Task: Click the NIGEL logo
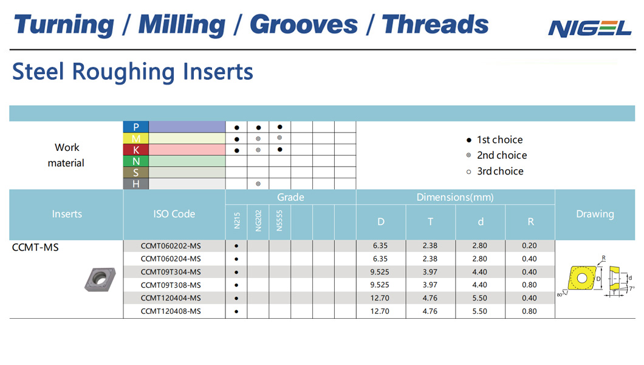pyautogui.click(x=589, y=29)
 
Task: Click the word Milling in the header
pyautogui.click(x=182, y=25)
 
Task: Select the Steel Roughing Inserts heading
pyautogui.click(x=132, y=72)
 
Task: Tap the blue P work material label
pyautogui.click(x=136, y=127)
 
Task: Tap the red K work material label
pyautogui.click(x=136, y=150)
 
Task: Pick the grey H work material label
pyautogui.click(x=136, y=184)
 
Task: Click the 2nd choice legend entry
pyautogui.click(x=496, y=155)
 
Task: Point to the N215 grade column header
pyautogui.click(x=236, y=221)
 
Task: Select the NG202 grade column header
pyautogui.click(x=258, y=221)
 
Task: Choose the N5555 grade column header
pyautogui.click(x=279, y=221)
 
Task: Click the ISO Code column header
pyautogui.click(x=174, y=214)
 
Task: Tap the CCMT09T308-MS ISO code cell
pyautogui.click(x=171, y=285)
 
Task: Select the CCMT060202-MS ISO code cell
pyautogui.click(x=171, y=246)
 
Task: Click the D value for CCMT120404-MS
pyautogui.click(x=380, y=298)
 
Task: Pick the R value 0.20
pyautogui.click(x=529, y=246)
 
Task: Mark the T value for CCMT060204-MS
pyautogui.click(x=430, y=259)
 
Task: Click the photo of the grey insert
pyautogui.click(x=100, y=279)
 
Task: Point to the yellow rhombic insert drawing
pyautogui.click(x=582, y=278)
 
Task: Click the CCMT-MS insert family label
pyautogui.click(x=35, y=248)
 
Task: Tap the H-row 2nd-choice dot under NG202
pyautogui.click(x=258, y=184)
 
